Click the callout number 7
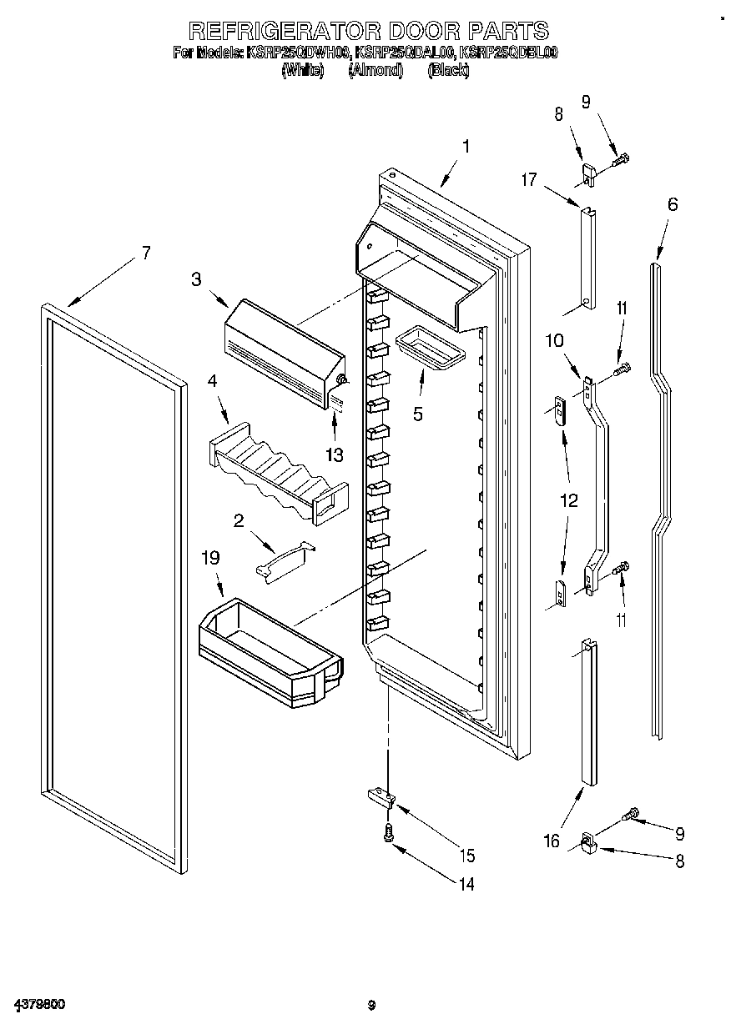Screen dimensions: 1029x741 tap(146, 253)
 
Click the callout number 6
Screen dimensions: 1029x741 tap(673, 203)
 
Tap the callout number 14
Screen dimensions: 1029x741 tap(466, 884)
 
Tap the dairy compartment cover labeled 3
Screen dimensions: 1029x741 tap(284, 350)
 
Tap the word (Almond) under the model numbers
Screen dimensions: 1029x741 tap(376, 71)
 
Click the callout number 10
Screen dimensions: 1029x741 tap(555, 340)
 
